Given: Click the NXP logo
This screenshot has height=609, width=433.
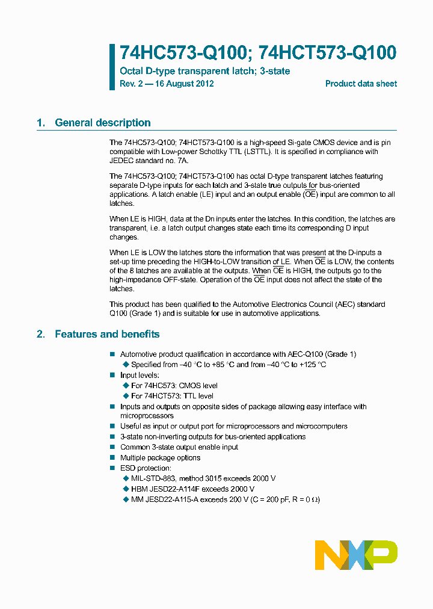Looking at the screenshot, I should [356, 554].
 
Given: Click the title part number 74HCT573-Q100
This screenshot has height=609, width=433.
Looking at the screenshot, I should [327, 54].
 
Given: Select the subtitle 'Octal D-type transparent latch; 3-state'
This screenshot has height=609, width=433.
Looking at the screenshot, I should [205, 71].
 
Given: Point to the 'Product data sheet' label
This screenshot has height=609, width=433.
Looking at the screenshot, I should [361, 84].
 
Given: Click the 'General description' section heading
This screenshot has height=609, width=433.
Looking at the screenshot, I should [102, 123].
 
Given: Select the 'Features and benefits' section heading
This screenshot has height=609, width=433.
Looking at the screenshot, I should [107, 334].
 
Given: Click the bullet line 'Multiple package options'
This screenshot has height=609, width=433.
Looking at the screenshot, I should [160, 458].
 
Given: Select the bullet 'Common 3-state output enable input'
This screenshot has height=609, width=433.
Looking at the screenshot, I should [179, 447].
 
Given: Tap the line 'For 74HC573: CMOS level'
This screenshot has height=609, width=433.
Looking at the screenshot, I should [174, 386].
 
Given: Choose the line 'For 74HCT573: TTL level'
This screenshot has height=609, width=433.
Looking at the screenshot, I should [172, 396].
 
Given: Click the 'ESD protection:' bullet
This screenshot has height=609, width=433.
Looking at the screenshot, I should [146, 468].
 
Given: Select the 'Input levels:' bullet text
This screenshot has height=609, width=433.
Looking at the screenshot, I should [140, 375].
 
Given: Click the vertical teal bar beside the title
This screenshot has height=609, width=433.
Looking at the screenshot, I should [112, 67].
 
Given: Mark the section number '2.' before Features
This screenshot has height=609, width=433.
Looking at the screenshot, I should [41, 334].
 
